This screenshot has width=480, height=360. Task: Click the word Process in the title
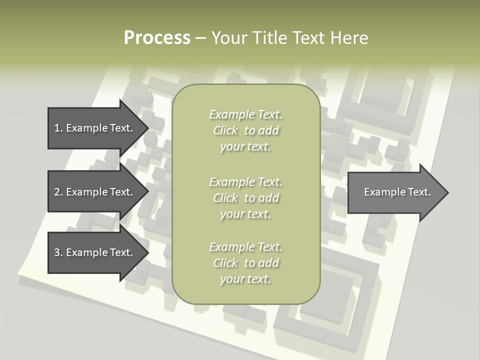(157, 38)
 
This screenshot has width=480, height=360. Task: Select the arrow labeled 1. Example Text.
(95, 128)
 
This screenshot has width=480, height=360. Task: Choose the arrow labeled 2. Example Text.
(95, 192)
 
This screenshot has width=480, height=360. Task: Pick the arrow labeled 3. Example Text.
(95, 252)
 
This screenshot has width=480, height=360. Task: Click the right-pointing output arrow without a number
(395, 192)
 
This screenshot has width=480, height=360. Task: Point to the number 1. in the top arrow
(58, 128)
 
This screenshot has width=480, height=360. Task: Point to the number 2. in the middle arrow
(58, 192)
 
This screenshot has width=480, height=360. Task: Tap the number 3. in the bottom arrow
(58, 252)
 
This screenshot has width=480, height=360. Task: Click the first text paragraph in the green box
(245, 130)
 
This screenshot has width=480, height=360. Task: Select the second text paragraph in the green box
(245, 198)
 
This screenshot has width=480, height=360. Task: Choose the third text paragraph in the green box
(245, 263)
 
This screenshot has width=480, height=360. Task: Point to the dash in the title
(200, 38)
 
